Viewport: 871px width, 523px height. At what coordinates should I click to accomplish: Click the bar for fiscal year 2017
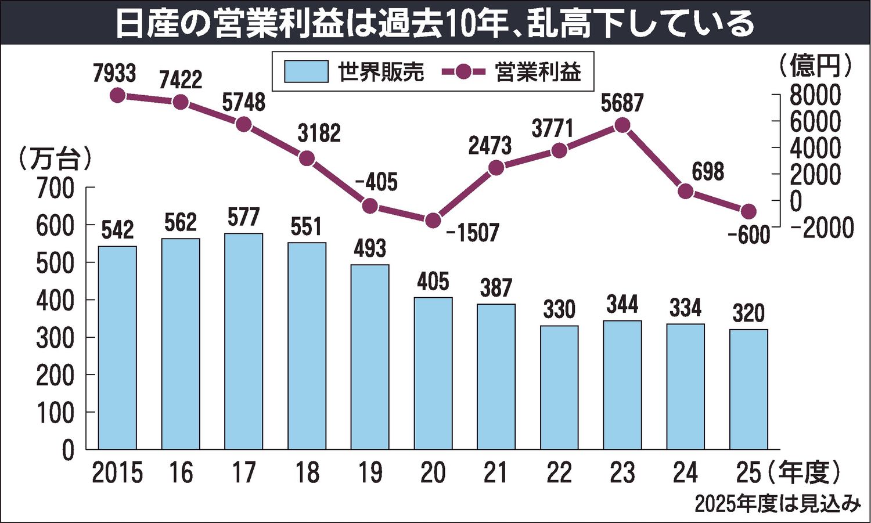tap(243, 341)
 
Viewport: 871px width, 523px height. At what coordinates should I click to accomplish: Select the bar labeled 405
tap(433, 373)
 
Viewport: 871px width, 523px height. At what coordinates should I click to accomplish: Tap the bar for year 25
tap(748, 389)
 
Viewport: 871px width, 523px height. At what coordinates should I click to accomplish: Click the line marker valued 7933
tap(117, 95)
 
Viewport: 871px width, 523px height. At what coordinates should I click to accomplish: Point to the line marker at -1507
tap(433, 221)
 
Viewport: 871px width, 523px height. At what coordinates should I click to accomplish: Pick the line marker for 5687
tap(622, 125)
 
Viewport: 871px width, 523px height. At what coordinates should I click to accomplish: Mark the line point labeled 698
tap(686, 191)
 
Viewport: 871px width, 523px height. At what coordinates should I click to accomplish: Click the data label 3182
tap(319, 134)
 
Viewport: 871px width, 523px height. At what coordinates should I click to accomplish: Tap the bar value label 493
tap(370, 248)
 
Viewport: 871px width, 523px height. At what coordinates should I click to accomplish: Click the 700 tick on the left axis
tap(56, 188)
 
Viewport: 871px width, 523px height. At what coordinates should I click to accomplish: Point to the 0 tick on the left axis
tap(69, 450)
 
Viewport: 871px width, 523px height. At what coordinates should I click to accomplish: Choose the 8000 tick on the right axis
tap(815, 95)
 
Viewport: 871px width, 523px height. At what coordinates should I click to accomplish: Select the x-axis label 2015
tap(117, 473)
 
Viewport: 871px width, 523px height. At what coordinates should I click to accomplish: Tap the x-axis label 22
tap(559, 473)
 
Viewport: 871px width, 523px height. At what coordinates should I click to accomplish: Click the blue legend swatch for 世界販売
tap(306, 72)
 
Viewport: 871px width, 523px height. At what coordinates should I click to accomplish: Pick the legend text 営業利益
tap(538, 72)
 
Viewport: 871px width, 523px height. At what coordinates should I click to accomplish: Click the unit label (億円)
tap(815, 65)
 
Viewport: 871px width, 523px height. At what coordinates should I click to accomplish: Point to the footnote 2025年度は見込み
tap(777, 504)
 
